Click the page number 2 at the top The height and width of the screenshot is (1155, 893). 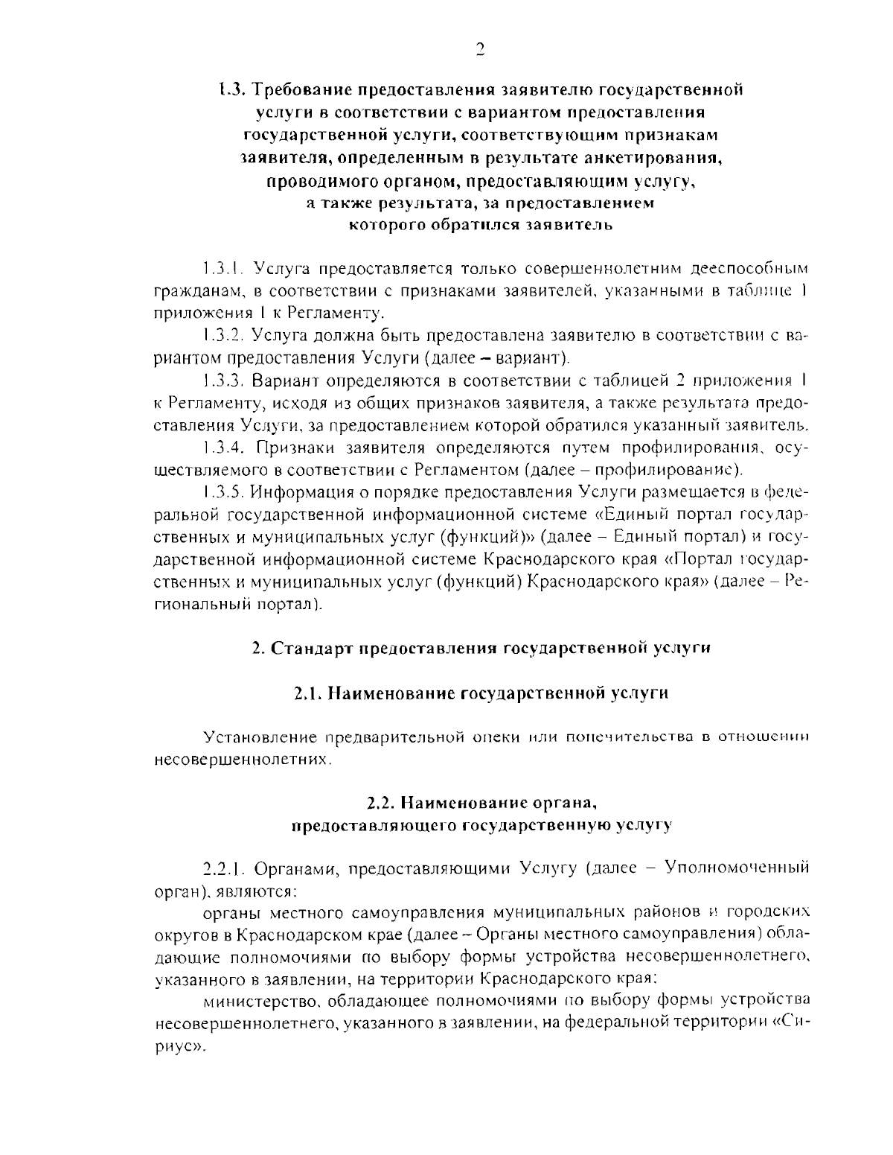click(x=480, y=49)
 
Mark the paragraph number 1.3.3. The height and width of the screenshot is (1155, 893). click(x=223, y=381)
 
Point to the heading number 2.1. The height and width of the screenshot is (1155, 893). click(x=307, y=693)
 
